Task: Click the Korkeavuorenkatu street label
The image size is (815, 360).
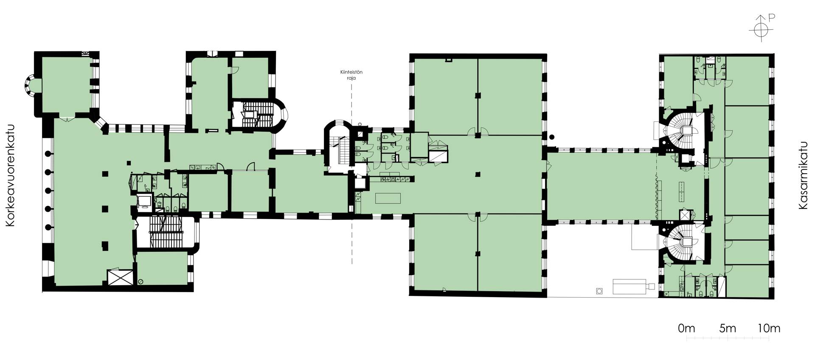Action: [10, 181]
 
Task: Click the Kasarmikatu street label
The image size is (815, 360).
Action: [803, 175]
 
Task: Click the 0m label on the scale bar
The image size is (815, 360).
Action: [686, 328]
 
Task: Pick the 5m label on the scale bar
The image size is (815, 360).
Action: [728, 328]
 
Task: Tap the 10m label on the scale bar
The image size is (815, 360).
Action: [769, 328]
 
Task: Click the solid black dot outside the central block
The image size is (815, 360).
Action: [551, 137]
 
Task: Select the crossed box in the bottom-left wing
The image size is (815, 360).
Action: [121, 278]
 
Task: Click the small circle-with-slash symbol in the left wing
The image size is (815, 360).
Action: [141, 281]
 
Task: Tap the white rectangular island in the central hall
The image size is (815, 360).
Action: [388, 198]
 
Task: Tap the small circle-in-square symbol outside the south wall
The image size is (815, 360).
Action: [599, 291]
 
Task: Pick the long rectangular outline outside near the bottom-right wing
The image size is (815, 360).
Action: [630, 287]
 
